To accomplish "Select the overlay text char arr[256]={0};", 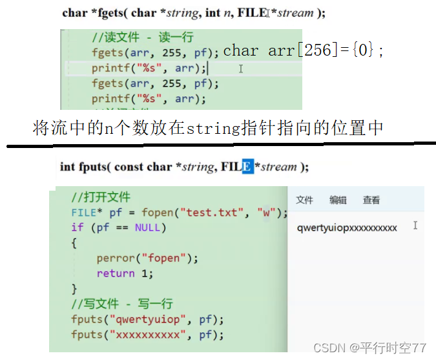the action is tap(304, 51).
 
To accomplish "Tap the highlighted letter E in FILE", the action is tap(247, 167).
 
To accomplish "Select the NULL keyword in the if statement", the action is tap(151, 228).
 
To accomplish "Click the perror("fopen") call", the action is tap(147, 258).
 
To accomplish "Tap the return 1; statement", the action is tap(125, 273).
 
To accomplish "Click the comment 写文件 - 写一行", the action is tap(122, 304).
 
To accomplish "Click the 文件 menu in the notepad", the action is tap(304, 200).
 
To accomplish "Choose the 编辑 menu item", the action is tap(338, 200).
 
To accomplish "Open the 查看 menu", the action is tap(371, 200).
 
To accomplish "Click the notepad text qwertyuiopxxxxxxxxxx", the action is tap(347, 228).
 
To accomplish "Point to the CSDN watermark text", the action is tap(369, 348).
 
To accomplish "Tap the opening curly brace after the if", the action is tap(74, 243).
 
